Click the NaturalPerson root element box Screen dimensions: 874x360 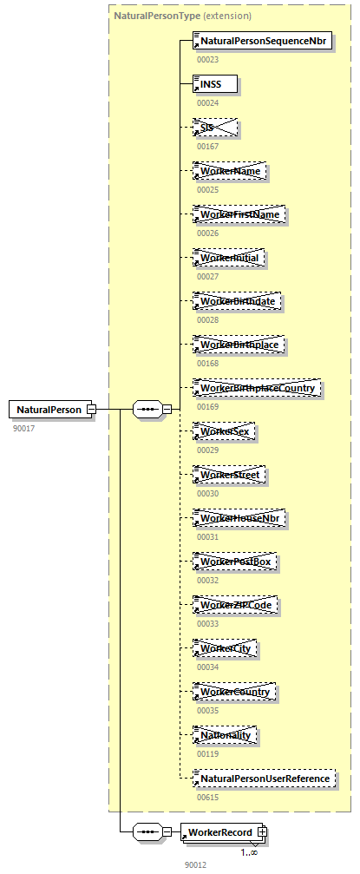point(49,410)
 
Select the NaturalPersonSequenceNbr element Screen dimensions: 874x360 point(263,41)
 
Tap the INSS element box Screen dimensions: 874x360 point(214,84)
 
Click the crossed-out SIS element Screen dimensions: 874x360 point(214,128)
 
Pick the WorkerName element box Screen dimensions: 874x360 point(230,171)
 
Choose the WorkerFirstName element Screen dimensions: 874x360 point(239,214)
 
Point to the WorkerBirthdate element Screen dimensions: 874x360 point(239,301)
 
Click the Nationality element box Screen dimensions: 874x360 point(226,735)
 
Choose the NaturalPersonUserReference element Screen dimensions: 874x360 point(265,779)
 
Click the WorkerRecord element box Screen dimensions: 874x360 point(219,833)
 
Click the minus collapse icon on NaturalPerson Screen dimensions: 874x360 point(90,410)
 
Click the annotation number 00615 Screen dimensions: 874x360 point(208,797)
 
